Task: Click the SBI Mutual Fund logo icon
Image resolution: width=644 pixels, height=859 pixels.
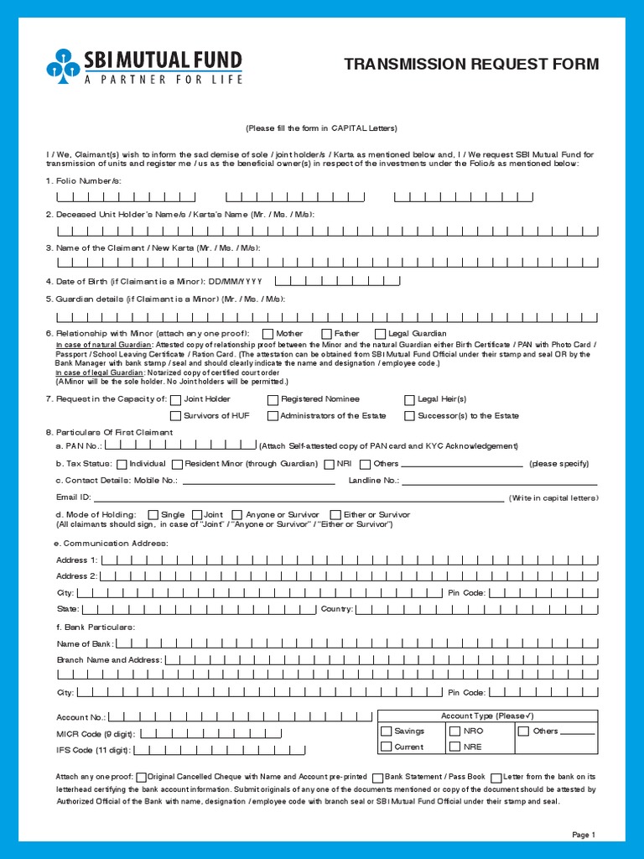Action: pyautogui.click(x=64, y=66)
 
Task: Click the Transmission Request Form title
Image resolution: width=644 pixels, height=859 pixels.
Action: pyautogui.click(x=472, y=65)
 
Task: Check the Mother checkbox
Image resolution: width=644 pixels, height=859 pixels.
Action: pyautogui.click(x=267, y=334)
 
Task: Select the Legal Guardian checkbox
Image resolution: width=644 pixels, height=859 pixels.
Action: pyautogui.click(x=381, y=334)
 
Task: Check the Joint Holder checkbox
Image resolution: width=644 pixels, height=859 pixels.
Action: pyautogui.click(x=175, y=399)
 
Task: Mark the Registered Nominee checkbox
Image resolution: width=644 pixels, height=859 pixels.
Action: pyautogui.click(x=273, y=399)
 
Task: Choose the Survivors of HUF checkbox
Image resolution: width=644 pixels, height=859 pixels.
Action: pyautogui.click(x=175, y=415)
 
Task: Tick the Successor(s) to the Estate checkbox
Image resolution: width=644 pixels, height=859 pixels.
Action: pyautogui.click(x=410, y=415)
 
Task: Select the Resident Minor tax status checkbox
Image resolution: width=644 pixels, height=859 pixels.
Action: pyautogui.click(x=177, y=464)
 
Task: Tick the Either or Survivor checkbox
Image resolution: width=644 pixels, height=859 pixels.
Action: pyautogui.click(x=335, y=514)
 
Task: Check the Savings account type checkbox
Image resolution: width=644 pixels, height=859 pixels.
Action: pyautogui.click(x=387, y=731)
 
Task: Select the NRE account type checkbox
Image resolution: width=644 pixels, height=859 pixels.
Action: pyautogui.click(x=455, y=747)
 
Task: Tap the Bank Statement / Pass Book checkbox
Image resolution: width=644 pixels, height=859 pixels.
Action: pyautogui.click(x=378, y=778)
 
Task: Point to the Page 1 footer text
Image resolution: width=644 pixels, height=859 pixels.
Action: pyautogui.click(x=583, y=835)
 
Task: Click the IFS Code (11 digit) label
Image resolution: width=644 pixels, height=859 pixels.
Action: pyautogui.click(x=93, y=751)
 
